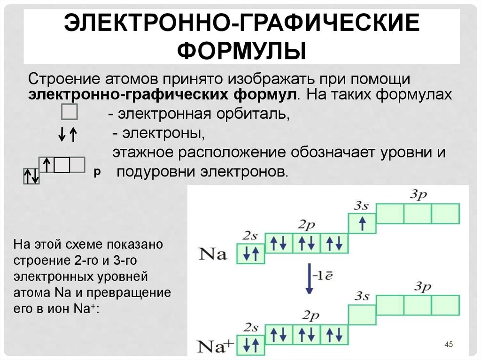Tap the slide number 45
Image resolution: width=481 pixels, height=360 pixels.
(449, 345)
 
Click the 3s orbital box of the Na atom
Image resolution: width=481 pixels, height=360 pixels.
(362, 223)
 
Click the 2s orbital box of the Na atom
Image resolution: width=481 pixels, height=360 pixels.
(251, 253)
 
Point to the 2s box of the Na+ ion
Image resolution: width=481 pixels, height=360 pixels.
(251, 345)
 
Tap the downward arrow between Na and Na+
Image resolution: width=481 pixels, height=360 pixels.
(309, 278)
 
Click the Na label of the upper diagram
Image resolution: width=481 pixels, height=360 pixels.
(213, 254)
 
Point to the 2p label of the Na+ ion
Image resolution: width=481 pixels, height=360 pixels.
(310, 316)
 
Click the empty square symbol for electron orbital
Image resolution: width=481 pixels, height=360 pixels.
(70, 112)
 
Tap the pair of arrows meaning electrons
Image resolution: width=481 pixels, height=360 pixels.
(68, 135)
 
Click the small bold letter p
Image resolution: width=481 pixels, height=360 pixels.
(97, 173)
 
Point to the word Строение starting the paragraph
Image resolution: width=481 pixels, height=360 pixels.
(64, 79)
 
